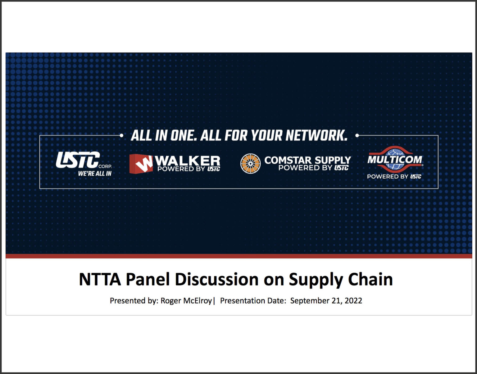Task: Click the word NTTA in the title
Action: pyautogui.click(x=100, y=279)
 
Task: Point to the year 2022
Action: pyautogui.click(x=353, y=301)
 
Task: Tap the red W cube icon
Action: pyautogui.click(x=141, y=164)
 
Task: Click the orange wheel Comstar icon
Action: pyautogui.click(x=250, y=163)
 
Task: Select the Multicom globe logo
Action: pyautogui.click(x=395, y=159)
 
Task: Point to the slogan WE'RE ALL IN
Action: pyautogui.click(x=95, y=174)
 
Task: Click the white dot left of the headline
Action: pyautogui.click(x=121, y=135)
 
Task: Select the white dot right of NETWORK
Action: pyautogui.click(x=357, y=135)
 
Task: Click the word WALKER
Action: pyautogui.click(x=187, y=161)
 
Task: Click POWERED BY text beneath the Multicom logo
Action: pyautogui.click(x=388, y=176)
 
